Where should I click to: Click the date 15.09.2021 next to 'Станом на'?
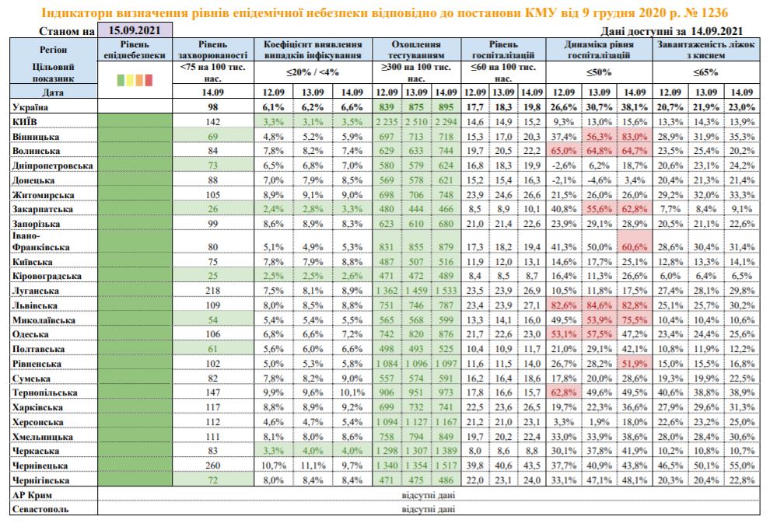coord(135,31)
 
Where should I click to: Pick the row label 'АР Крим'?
coord(33,494)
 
